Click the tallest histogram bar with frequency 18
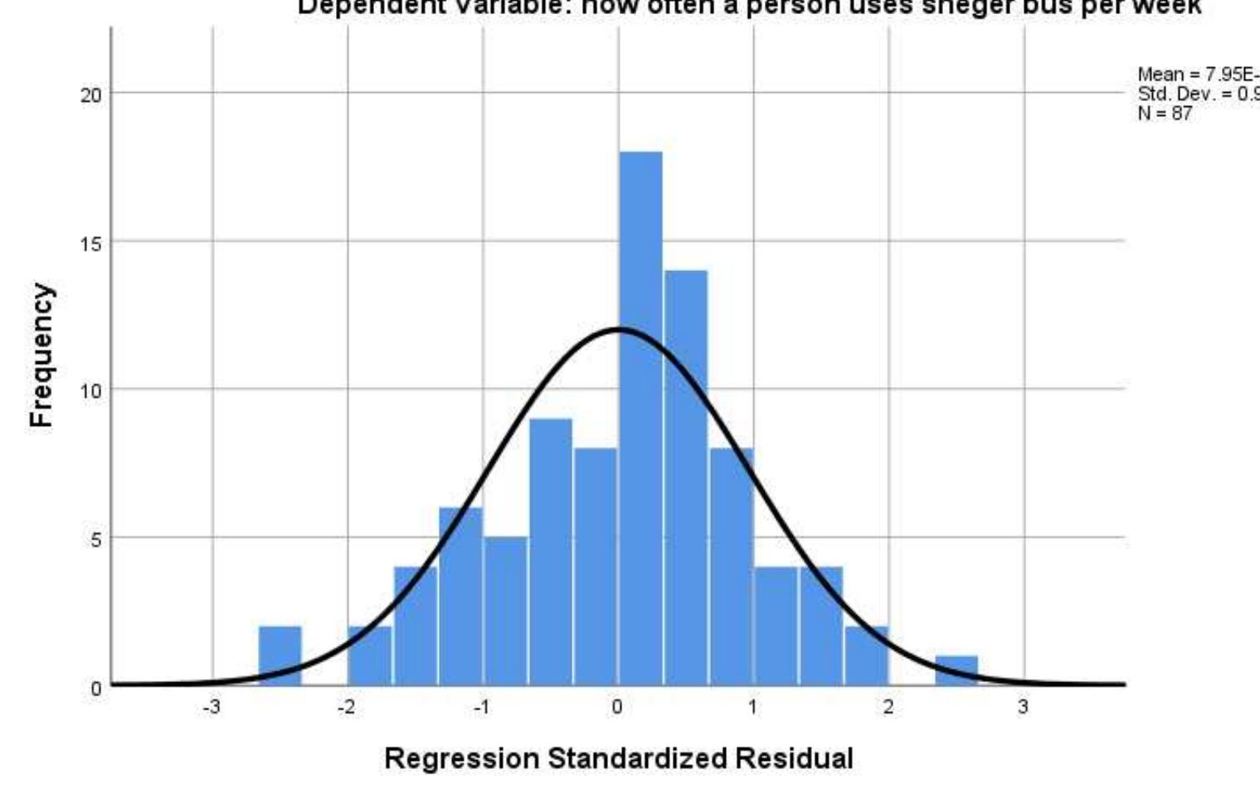640,414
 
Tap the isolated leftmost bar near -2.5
280,655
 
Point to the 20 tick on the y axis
90,94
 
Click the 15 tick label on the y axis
90,243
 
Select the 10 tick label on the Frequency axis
90,390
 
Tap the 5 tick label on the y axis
95,540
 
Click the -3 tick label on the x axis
212,707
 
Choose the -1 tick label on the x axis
481,707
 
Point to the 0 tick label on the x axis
617,707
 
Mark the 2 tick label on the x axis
888,707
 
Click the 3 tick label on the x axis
1023,707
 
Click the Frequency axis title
41,355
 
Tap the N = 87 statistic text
1165,114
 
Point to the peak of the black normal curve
618,329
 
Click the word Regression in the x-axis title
460,758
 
